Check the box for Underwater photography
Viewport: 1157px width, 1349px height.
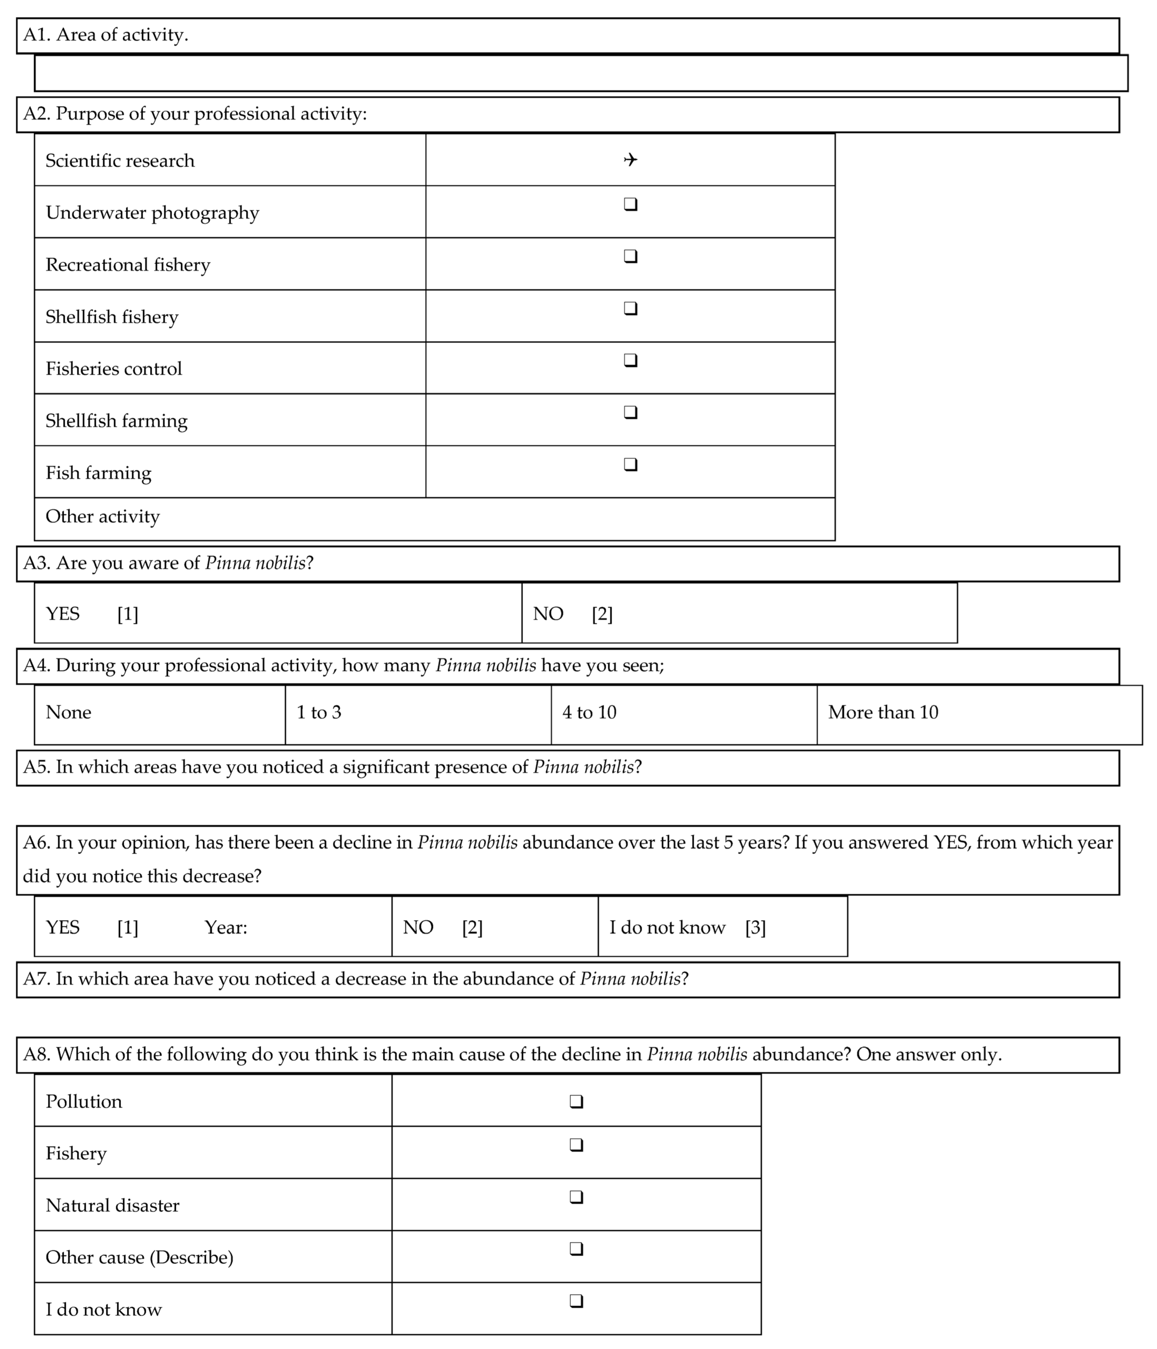(x=630, y=204)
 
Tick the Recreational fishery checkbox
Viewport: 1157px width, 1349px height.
(x=630, y=257)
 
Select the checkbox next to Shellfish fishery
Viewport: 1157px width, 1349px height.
(x=630, y=309)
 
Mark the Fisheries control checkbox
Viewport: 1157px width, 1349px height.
(x=630, y=361)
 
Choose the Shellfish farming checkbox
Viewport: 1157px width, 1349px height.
(x=630, y=413)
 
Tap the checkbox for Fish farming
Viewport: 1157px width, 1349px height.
(x=630, y=465)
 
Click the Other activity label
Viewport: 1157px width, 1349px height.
(x=102, y=516)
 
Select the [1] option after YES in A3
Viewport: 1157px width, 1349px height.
(x=128, y=614)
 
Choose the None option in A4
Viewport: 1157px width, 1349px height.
(x=68, y=712)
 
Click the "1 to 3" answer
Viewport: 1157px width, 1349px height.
(x=319, y=712)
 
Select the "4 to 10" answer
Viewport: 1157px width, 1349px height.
(x=589, y=712)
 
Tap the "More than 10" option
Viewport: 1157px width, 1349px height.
(x=883, y=712)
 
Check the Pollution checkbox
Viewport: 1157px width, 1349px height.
(x=576, y=1102)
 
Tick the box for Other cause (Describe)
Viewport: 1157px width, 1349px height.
(x=576, y=1249)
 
